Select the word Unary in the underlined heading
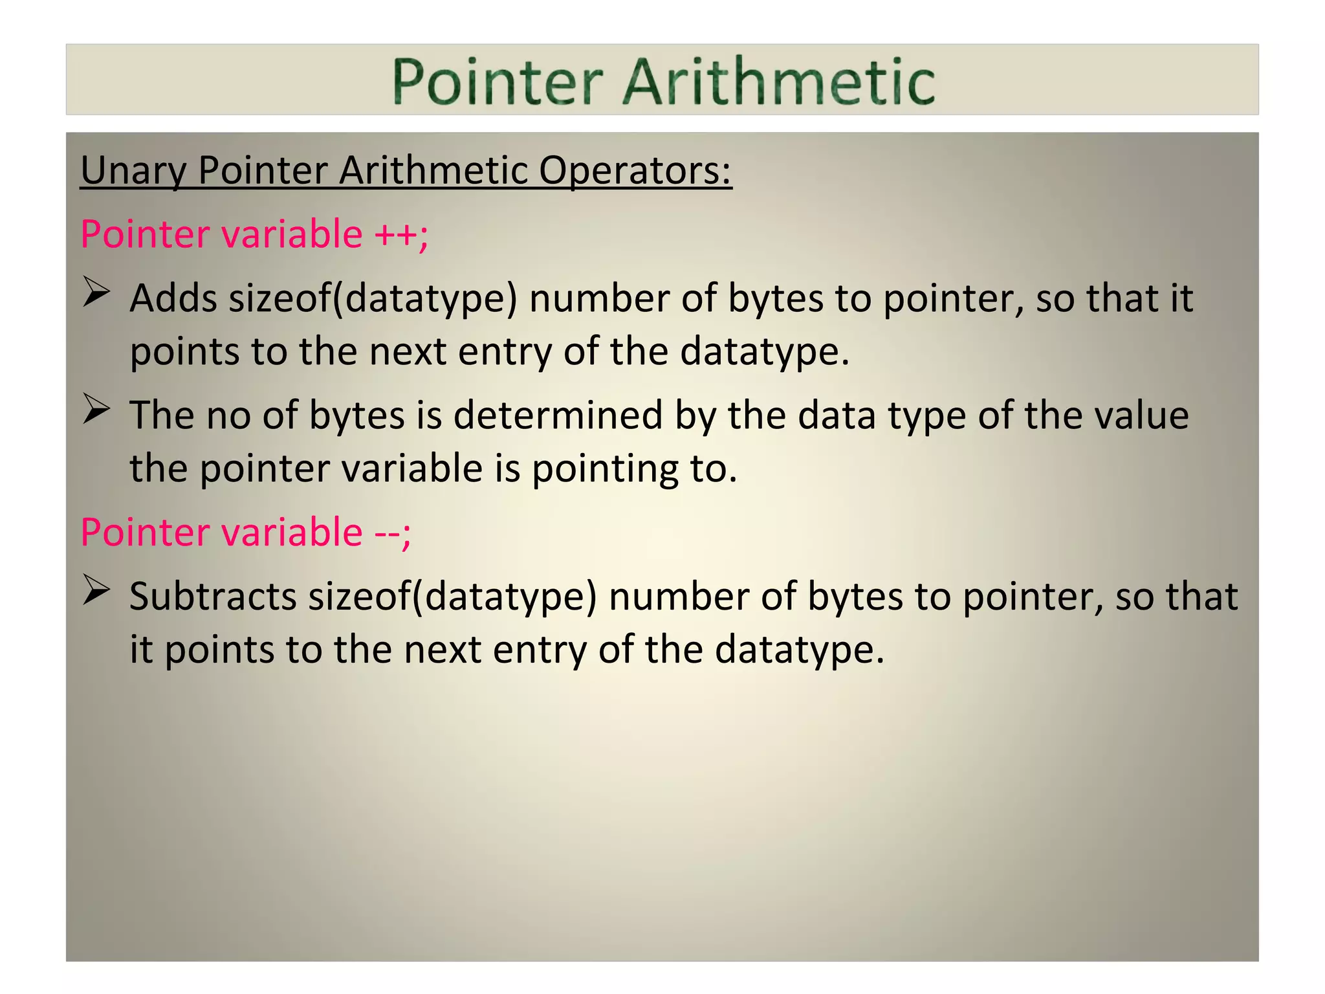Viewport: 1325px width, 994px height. click(133, 171)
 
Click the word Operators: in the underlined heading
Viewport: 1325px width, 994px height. click(635, 171)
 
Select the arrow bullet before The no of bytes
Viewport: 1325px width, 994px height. click(96, 409)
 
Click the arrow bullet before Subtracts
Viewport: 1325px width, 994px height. click(96, 590)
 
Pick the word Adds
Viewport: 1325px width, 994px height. click(173, 298)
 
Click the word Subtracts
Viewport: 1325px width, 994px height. click(213, 596)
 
